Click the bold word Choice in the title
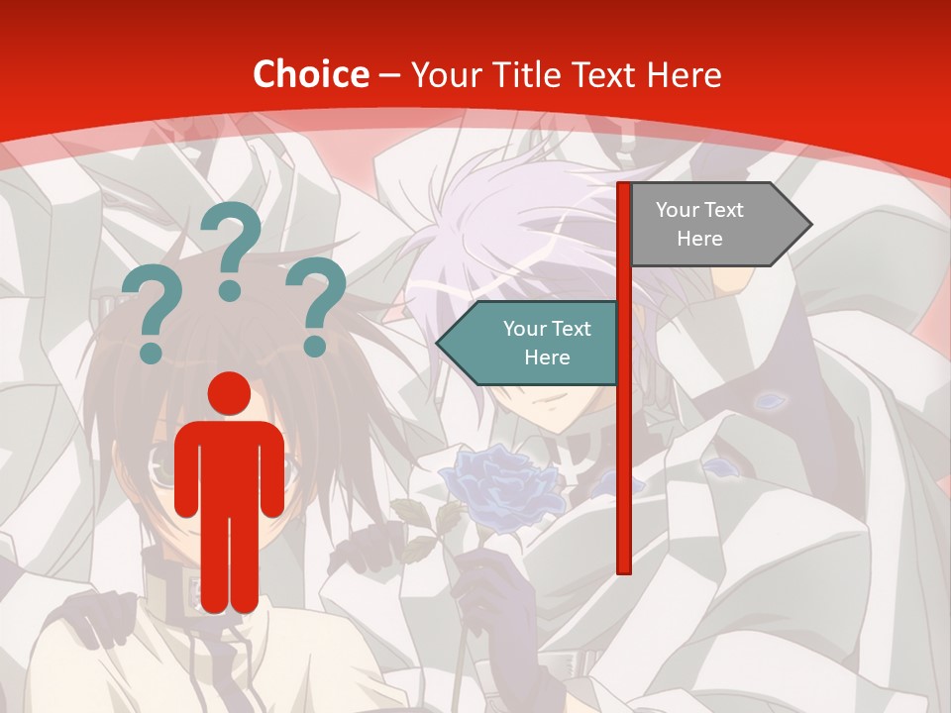coord(310,74)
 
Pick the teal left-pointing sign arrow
coord(530,343)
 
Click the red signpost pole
coord(624,446)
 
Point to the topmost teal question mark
coord(232,248)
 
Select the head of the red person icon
coord(230,394)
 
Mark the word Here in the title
coord(683,74)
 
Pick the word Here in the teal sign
coord(547,356)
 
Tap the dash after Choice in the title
coord(389,74)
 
